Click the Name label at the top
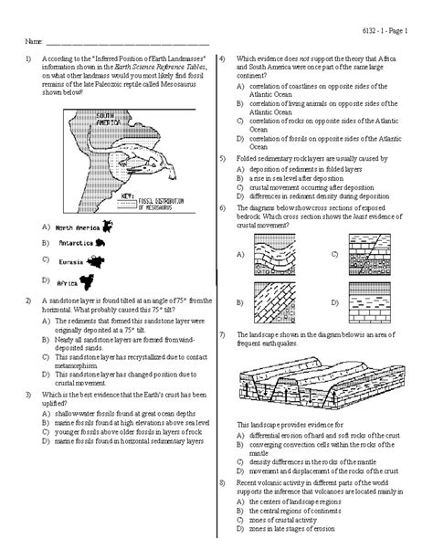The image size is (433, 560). tap(34, 42)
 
